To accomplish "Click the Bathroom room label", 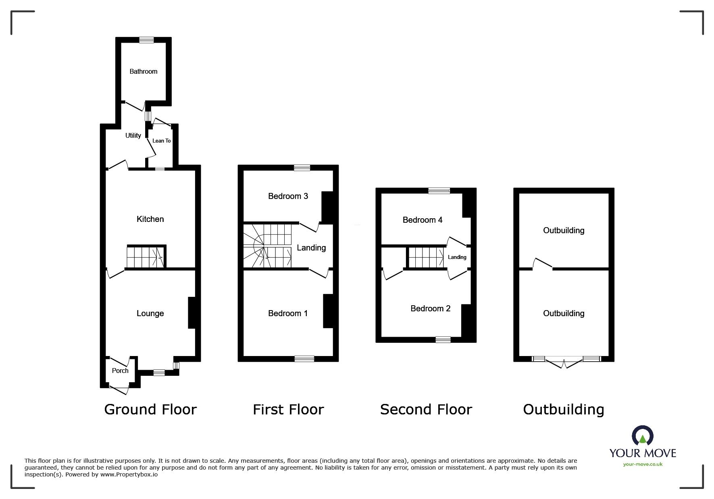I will pyautogui.click(x=143, y=71).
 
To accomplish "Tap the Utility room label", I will pyautogui.click(x=133, y=135).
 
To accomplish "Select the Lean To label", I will pyautogui.click(x=161, y=141).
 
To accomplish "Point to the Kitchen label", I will pyautogui.click(x=150, y=219).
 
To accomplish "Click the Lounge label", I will pyautogui.click(x=150, y=313).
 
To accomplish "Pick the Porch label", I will pyautogui.click(x=120, y=371).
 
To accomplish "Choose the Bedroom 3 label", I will pyautogui.click(x=288, y=196).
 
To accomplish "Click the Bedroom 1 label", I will pyautogui.click(x=288, y=313).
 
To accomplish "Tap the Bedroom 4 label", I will pyautogui.click(x=423, y=220).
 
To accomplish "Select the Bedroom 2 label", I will pyautogui.click(x=430, y=309).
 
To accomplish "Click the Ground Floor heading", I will pyautogui.click(x=150, y=410).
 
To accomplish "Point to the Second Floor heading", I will pyautogui.click(x=426, y=410).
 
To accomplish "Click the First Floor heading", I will pyautogui.click(x=288, y=410).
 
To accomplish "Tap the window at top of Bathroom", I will pyautogui.click(x=147, y=39).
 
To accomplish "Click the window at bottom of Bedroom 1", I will pyautogui.click(x=304, y=358).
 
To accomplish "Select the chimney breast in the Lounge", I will pyautogui.click(x=192, y=313).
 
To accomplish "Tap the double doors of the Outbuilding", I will pyautogui.click(x=564, y=362).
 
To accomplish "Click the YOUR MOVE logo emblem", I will pyautogui.click(x=642, y=436).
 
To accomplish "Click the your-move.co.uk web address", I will pyautogui.click(x=643, y=464).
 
